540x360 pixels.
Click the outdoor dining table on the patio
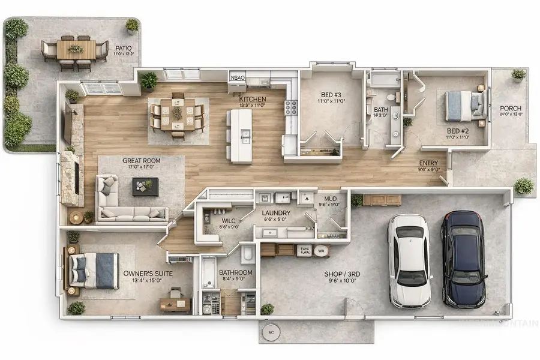pos(76,49)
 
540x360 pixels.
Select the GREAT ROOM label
pos(140,161)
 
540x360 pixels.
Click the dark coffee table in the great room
pos(145,186)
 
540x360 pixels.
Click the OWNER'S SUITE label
pos(148,274)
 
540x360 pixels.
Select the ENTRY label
pos(428,163)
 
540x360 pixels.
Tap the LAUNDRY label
pos(277,213)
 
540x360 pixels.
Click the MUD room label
pos(330,199)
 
